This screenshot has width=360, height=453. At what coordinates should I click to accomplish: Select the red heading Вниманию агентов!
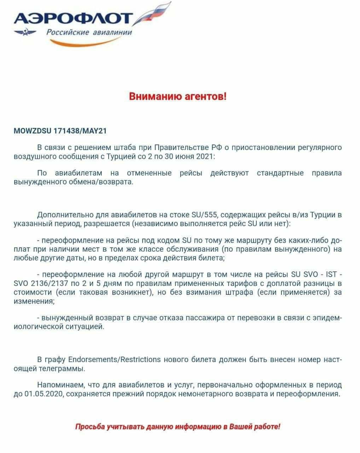click(177, 96)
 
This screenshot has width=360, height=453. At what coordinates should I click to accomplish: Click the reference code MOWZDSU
click(32, 131)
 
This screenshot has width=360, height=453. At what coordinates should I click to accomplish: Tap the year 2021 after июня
click(204, 156)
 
